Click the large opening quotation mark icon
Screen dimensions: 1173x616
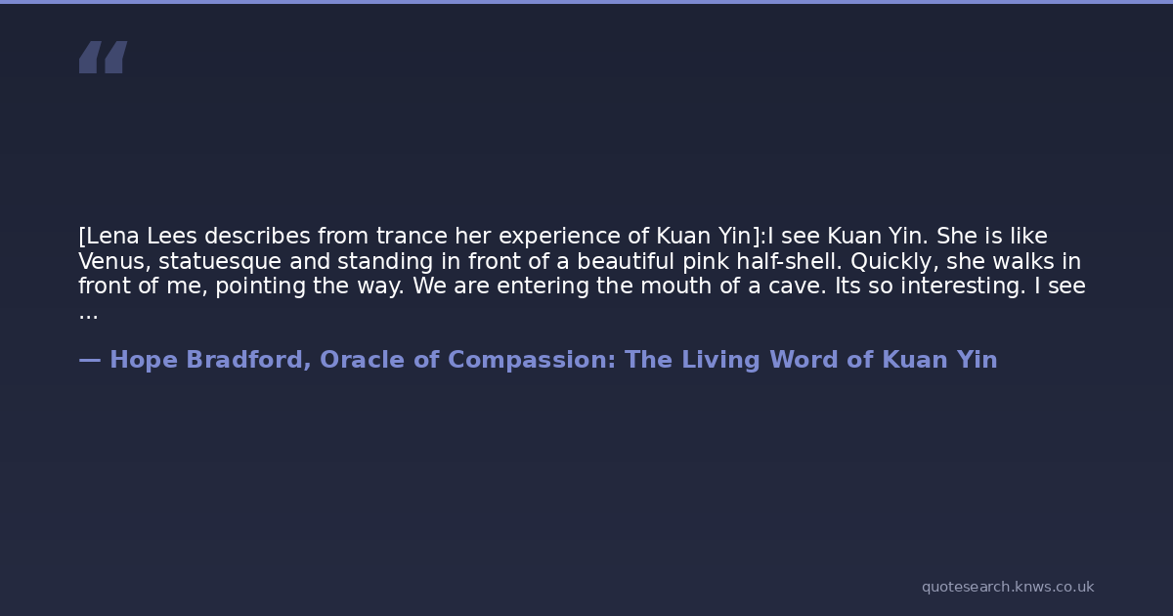tap(104, 57)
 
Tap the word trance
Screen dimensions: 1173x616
tap(412, 237)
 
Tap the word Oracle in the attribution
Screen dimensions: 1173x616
tap(362, 360)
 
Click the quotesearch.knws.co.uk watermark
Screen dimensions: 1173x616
tap(1008, 588)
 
